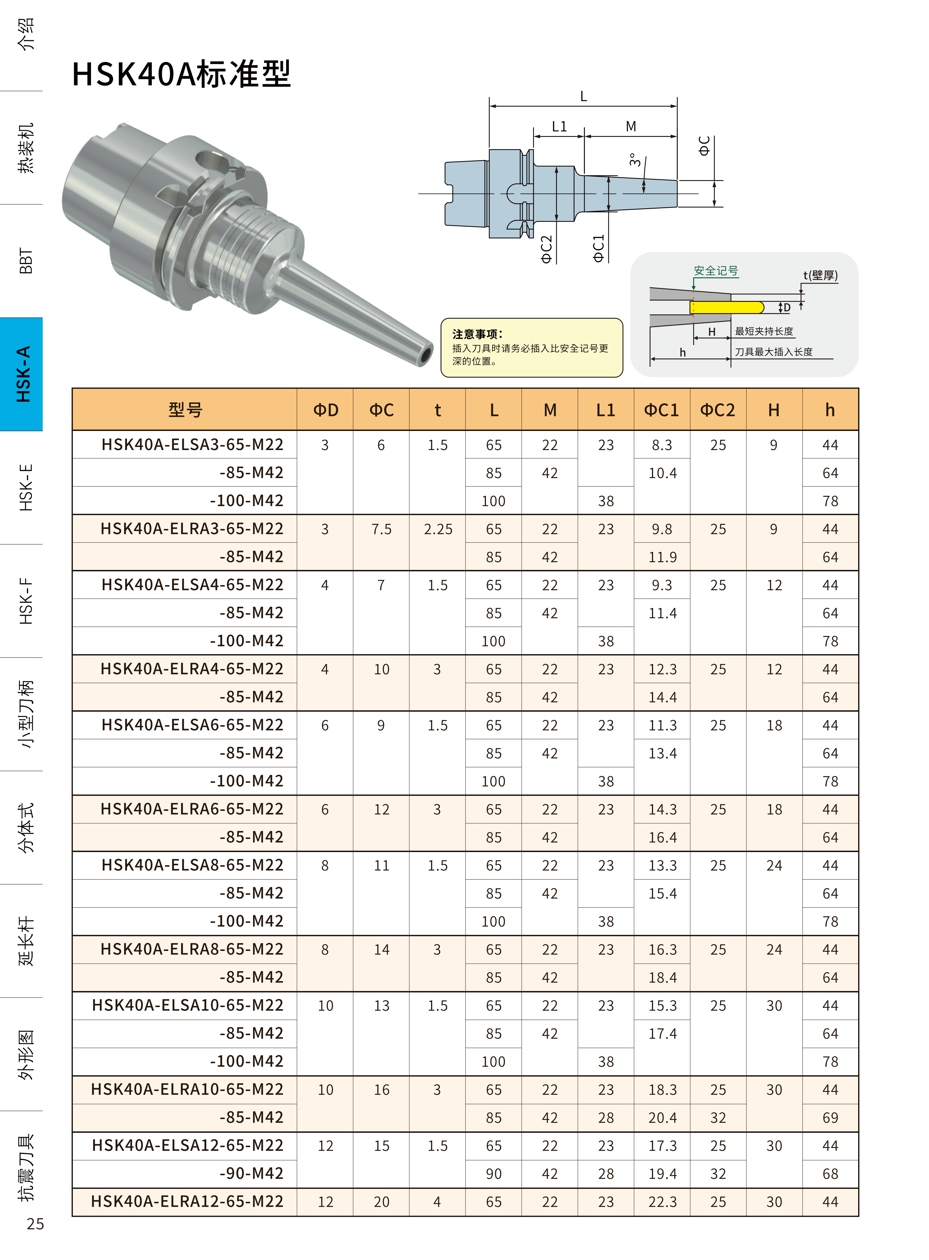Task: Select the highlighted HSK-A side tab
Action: (23, 374)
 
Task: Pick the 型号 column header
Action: (185, 410)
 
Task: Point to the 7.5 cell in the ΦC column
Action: (381, 529)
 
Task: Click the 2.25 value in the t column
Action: (438, 529)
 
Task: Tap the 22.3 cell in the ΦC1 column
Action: (662, 1202)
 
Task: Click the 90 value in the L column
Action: (494, 1174)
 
